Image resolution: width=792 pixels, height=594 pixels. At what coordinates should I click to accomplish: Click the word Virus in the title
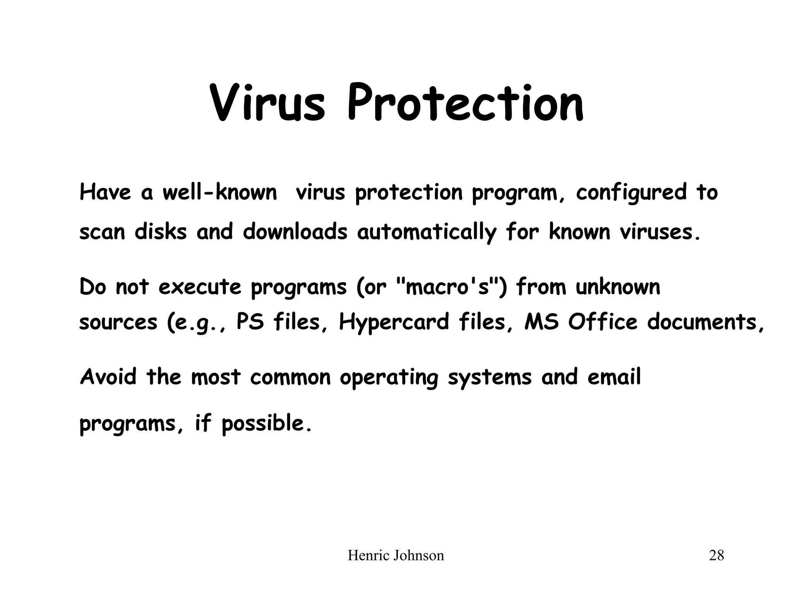click(x=267, y=102)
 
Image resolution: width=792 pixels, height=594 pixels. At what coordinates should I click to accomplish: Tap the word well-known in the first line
click(x=219, y=192)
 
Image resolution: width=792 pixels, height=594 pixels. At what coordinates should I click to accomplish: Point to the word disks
click(x=160, y=232)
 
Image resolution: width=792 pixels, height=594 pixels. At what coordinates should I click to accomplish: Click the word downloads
click(x=295, y=232)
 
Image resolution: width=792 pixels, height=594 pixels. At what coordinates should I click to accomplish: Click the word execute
click(x=200, y=287)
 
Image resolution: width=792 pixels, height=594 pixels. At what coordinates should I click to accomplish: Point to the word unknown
click(x=618, y=287)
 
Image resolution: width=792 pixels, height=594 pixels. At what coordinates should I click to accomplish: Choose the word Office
click(x=603, y=322)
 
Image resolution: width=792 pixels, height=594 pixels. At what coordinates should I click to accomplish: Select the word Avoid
click(x=108, y=377)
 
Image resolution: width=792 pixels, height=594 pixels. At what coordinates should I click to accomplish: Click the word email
click(x=614, y=377)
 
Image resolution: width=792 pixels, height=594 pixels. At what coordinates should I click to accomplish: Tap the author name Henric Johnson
click(x=396, y=556)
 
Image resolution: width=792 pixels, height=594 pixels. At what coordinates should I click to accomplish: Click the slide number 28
click(x=716, y=556)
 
